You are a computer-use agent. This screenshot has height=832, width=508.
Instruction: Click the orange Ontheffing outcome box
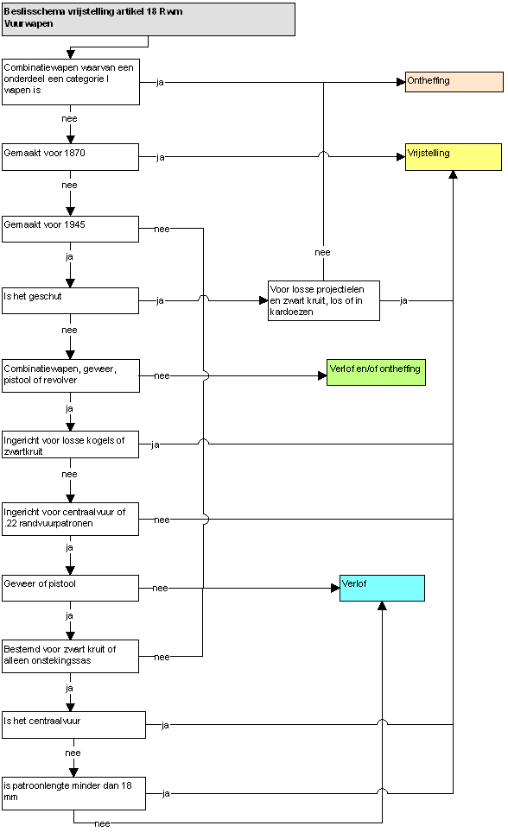(454, 82)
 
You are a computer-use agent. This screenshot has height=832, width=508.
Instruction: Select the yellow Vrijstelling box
(454, 156)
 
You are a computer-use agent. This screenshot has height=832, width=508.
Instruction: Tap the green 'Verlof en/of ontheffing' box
(376, 372)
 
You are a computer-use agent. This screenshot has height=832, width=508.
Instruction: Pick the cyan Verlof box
(382, 588)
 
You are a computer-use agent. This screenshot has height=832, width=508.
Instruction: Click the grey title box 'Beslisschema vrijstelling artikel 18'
(149, 20)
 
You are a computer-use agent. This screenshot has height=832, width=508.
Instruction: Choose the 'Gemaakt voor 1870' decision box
(70, 156)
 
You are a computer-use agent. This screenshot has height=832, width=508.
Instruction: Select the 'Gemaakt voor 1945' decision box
(70, 229)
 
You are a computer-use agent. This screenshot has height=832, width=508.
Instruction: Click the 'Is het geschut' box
(70, 300)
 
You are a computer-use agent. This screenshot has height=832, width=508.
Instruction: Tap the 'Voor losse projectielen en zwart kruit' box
(324, 300)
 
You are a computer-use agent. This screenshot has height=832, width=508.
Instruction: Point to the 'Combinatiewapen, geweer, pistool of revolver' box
(71, 375)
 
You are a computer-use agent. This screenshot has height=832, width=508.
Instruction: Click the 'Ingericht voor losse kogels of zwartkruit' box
(70, 444)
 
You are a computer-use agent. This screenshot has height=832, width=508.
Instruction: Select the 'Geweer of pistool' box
(70, 588)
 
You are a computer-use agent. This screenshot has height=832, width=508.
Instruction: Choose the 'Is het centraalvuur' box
(73, 725)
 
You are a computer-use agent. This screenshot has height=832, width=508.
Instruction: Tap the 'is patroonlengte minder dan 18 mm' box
(73, 794)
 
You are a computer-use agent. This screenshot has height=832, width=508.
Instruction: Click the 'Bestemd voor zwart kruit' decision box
(70, 657)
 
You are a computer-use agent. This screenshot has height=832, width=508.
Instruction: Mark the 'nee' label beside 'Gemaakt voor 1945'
(162, 230)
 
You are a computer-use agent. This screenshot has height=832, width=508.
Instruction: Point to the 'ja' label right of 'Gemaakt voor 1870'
(161, 157)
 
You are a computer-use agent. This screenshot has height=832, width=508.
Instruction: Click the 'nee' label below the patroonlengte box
(102, 823)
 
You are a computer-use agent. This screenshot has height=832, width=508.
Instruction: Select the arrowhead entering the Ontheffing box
(401, 82)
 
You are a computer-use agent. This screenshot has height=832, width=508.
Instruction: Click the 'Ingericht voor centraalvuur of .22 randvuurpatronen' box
(70, 519)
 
